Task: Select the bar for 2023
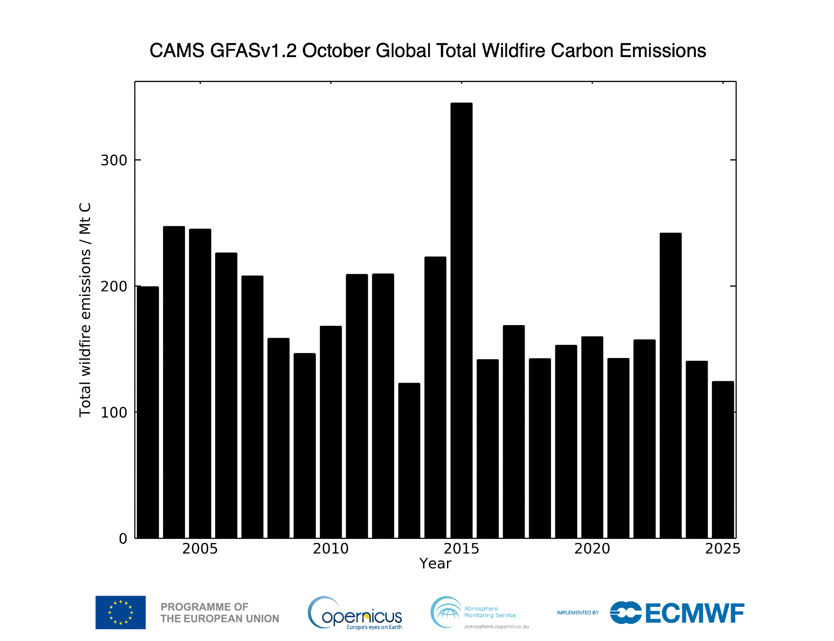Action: point(671,386)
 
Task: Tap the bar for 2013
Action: point(409,461)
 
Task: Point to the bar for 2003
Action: point(148,412)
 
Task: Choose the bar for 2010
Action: point(331,432)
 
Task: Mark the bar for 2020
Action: point(592,437)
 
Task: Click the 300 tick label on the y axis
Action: point(113,160)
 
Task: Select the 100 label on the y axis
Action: point(113,413)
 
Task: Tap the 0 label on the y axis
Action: point(123,538)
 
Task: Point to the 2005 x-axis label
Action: point(200,548)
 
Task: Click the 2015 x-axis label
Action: point(461,548)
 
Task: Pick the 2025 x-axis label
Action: point(723,548)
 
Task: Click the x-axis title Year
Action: point(435,563)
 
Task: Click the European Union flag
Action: point(121,612)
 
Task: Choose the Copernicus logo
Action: point(355,613)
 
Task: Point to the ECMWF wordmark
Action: point(695,613)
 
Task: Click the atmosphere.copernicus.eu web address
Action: point(496,626)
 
